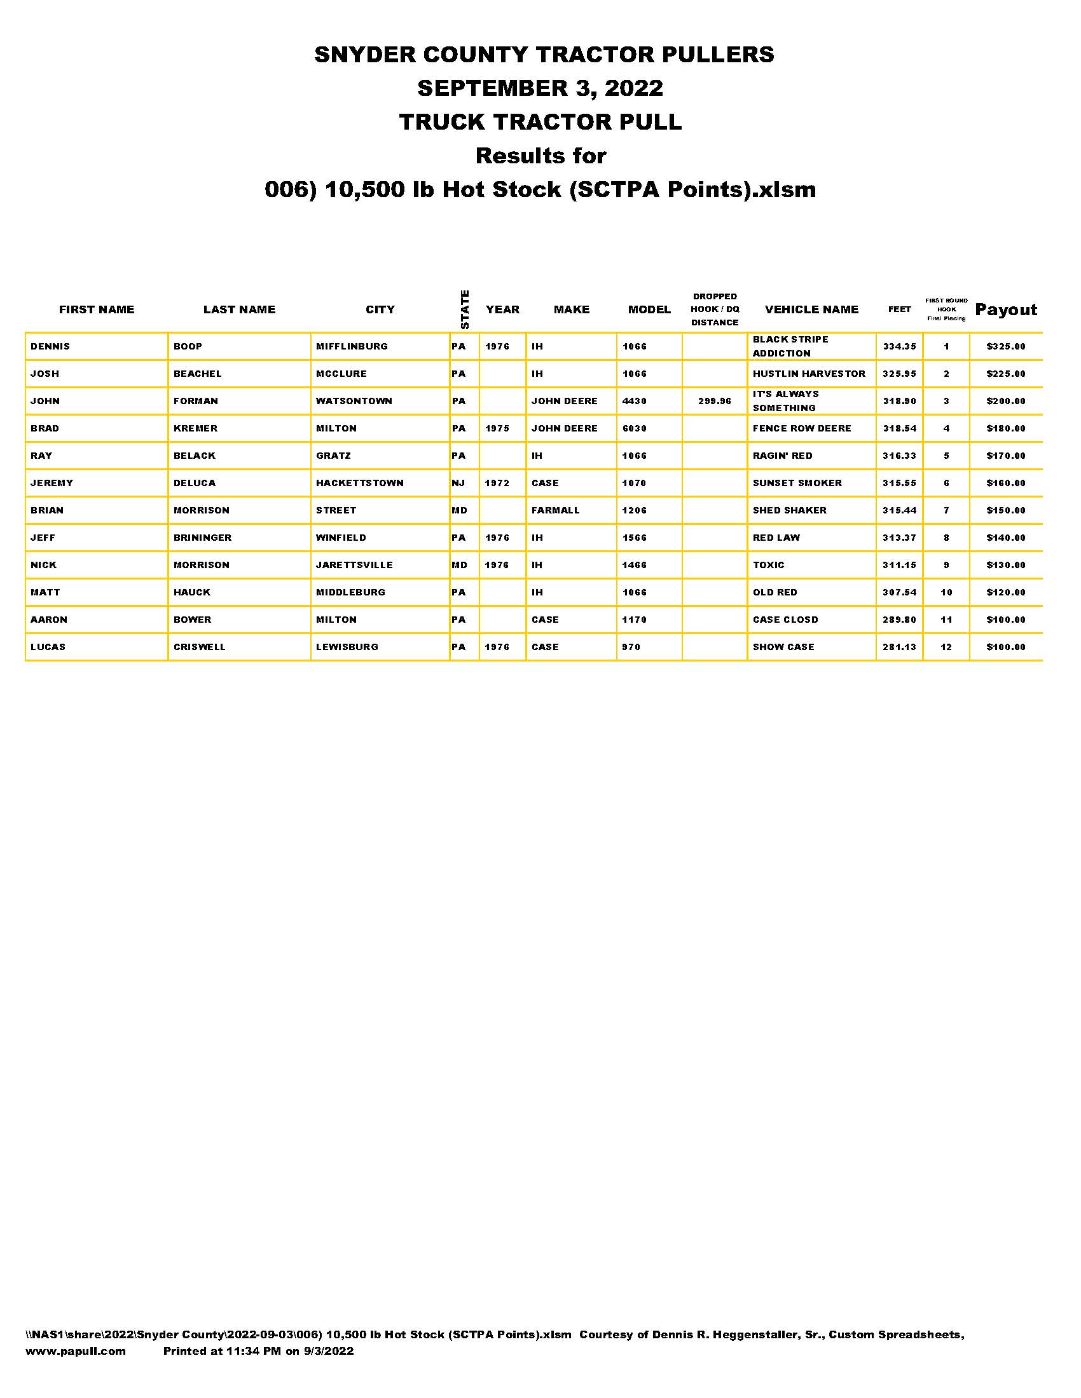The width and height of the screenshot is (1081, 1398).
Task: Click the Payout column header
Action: click(1005, 310)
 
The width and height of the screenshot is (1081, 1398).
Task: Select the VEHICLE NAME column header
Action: click(811, 310)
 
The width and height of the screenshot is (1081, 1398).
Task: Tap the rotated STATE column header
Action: click(465, 310)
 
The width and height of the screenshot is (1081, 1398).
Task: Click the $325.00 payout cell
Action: click(1005, 346)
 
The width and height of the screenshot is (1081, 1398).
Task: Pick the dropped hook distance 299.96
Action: click(714, 402)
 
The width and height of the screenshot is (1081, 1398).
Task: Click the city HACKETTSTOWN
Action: click(359, 484)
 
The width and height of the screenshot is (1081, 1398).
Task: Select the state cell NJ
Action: click(458, 484)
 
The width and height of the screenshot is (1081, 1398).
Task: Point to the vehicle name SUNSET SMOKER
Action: click(797, 484)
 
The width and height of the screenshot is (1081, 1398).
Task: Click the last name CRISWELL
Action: click(199, 647)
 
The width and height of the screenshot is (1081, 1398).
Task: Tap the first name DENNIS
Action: click(50, 346)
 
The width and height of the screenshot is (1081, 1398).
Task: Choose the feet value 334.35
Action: click(899, 346)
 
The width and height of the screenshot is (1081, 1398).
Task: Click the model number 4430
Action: click(634, 402)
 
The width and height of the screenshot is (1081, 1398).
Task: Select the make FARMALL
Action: click(555, 511)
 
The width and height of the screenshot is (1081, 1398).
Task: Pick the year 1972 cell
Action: click(497, 484)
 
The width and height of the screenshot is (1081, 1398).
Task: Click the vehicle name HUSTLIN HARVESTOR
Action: click(809, 374)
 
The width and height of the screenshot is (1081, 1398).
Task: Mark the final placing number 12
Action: click(946, 647)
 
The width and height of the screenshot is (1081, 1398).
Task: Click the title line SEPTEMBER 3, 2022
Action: click(540, 88)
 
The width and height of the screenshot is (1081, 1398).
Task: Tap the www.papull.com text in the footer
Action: click(76, 1351)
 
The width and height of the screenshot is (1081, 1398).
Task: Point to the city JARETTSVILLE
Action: click(354, 565)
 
